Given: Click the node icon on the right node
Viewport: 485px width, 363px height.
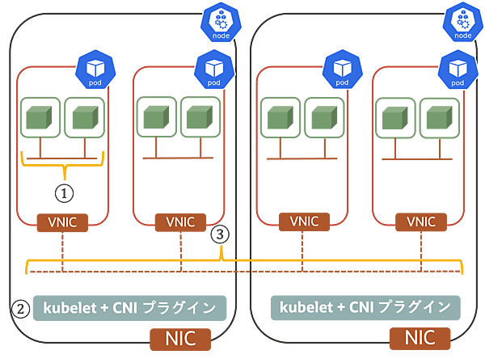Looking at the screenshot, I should [x=463, y=21].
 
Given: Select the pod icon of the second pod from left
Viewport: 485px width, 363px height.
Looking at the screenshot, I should [x=213, y=70].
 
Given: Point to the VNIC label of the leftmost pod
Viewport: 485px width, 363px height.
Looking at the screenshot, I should [x=63, y=222].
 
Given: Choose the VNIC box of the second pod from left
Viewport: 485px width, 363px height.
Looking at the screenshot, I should [x=181, y=222].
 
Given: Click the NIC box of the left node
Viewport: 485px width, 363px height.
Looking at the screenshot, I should [x=179, y=338].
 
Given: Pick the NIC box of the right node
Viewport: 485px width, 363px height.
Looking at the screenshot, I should [x=419, y=338].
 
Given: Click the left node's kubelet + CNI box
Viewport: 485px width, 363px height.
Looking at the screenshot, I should [x=129, y=307].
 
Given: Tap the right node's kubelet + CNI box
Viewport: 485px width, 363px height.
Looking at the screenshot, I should [x=365, y=307].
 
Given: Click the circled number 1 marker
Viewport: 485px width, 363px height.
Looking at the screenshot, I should [x=63, y=192].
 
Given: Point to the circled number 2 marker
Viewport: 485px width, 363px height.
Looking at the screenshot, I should [x=219, y=234].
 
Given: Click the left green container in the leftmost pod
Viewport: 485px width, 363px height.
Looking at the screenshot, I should [x=40, y=119].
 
